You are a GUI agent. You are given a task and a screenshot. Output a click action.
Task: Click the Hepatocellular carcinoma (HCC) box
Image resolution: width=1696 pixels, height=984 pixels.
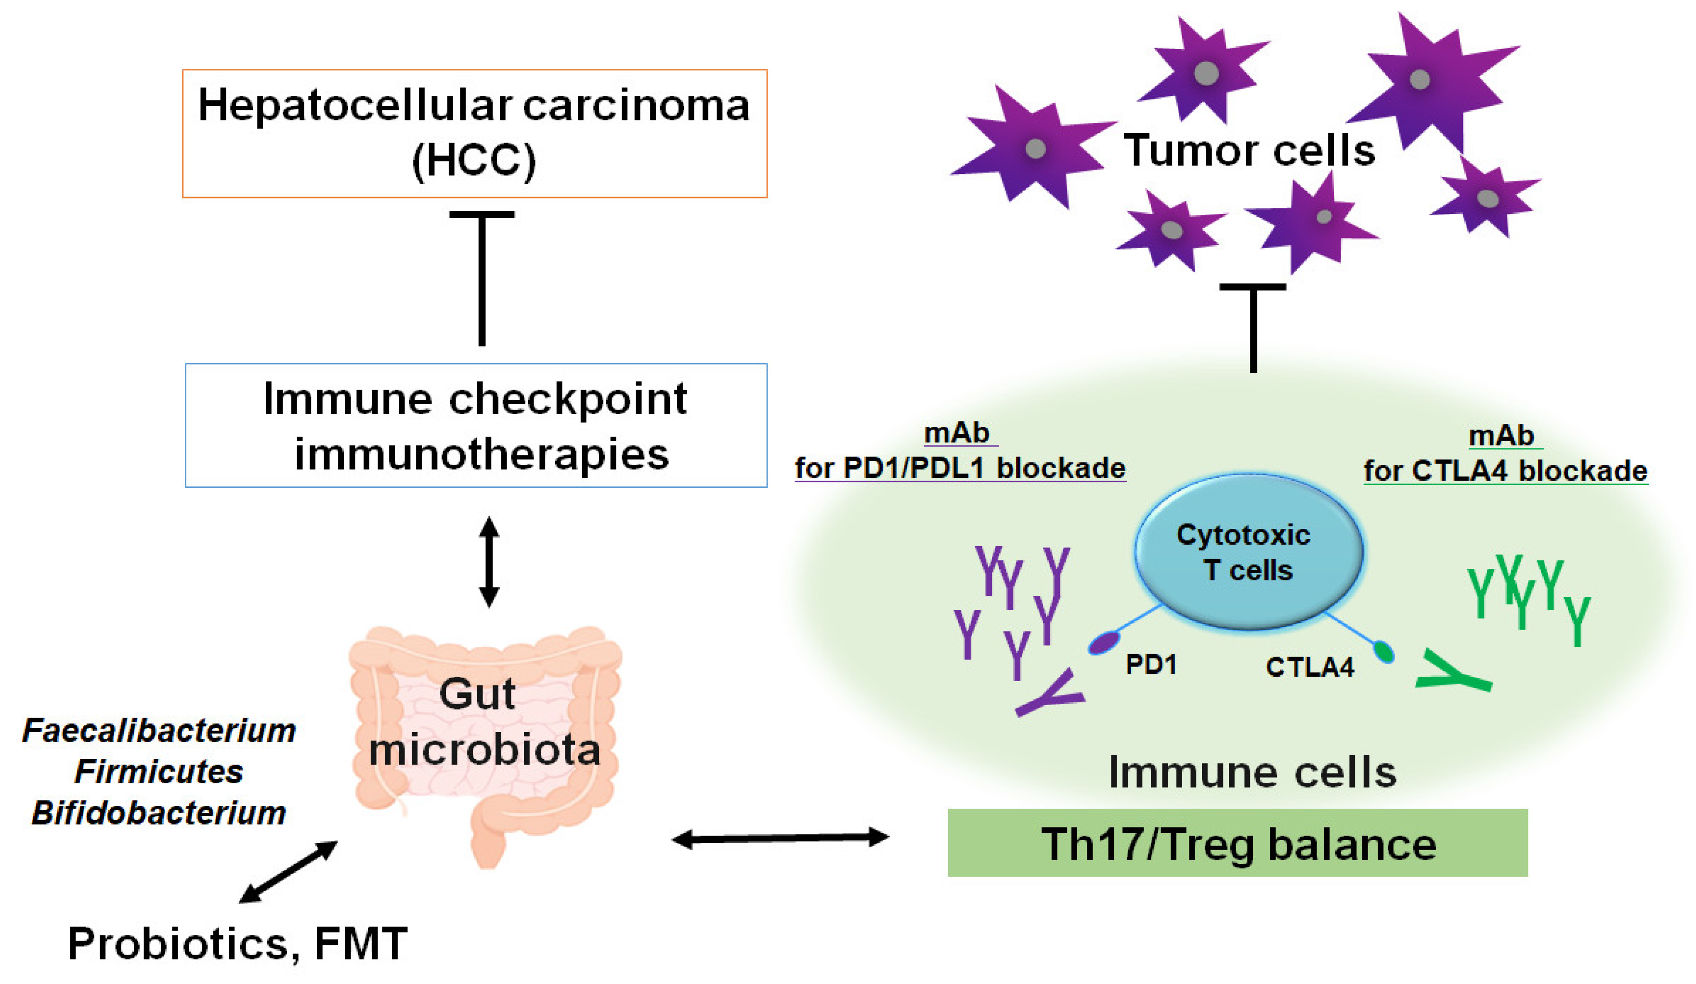[474, 133]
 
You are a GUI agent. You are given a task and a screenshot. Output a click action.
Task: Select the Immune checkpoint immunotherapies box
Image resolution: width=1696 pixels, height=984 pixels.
[476, 425]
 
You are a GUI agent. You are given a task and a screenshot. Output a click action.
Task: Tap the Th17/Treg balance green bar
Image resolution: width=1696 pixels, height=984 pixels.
[1238, 843]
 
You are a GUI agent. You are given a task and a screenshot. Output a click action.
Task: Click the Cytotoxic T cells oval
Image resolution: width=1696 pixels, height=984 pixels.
[1249, 552]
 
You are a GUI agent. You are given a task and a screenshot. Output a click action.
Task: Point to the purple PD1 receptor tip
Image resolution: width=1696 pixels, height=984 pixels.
[1102, 643]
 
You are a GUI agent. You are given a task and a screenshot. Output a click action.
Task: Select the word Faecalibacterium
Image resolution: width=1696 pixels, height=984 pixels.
[159, 730]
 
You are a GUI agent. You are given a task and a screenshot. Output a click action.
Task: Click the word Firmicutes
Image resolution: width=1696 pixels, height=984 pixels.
[159, 771]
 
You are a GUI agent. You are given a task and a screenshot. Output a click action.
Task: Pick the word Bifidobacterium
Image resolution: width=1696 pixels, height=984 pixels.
[159, 813]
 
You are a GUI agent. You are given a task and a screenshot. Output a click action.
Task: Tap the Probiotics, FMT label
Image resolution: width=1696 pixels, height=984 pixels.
[237, 943]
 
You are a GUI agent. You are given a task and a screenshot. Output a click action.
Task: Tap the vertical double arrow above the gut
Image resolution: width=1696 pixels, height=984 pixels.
[489, 562]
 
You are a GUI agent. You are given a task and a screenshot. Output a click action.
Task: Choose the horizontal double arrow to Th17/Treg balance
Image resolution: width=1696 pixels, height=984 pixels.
[781, 839]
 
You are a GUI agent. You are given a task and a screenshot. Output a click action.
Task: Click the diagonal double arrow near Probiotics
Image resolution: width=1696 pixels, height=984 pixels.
[288, 872]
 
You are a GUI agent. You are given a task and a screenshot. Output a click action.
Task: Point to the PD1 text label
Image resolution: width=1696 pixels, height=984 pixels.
[1151, 665]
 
